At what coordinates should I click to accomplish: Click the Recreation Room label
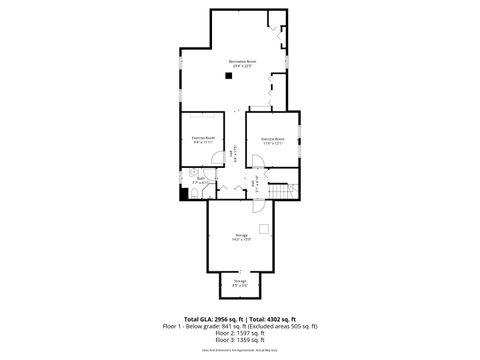[238, 64]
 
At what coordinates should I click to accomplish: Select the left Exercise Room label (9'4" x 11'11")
[204, 139]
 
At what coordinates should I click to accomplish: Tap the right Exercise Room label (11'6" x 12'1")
[273, 140]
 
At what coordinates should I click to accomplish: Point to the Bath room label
[201, 182]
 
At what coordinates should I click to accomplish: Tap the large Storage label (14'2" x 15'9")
[240, 236]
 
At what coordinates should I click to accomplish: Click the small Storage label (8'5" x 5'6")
[240, 284]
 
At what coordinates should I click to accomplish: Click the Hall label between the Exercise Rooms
[233, 154]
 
